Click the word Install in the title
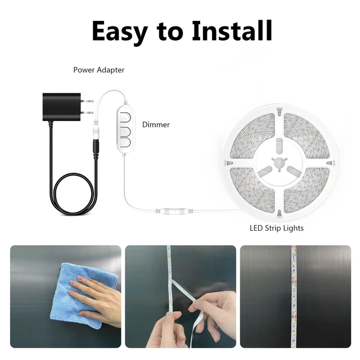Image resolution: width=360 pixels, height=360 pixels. [x=232, y=31]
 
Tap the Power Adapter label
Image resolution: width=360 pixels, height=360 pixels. [x=99, y=70]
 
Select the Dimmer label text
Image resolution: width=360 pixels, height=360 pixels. [x=156, y=124]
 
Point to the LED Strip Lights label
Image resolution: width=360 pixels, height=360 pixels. [x=276, y=228]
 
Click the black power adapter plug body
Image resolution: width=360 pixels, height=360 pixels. [x=61, y=107]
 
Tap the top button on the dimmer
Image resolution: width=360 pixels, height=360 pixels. [x=125, y=118]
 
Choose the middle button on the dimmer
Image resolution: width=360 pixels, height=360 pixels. [x=125, y=132]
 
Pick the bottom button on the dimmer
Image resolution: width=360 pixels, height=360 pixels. [x=125, y=142]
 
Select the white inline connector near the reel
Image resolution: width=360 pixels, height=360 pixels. [x=174, y=210]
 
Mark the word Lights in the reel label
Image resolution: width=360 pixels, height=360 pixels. [x=294, y=228]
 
